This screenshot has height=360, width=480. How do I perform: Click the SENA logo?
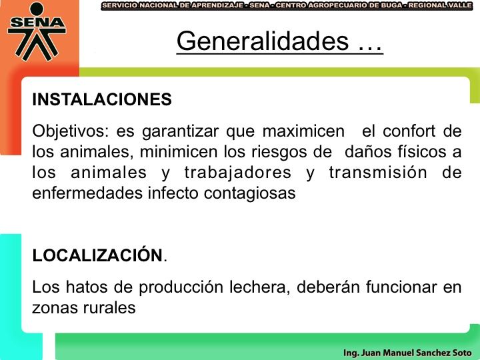click(x=37, y=31)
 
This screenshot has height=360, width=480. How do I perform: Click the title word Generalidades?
click(x=263, y=41)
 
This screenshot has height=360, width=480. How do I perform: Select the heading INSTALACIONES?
click(x=102, y=99)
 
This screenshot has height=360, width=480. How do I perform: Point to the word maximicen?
click(x=303, y=131)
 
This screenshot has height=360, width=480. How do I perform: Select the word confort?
click(x=409, y=131)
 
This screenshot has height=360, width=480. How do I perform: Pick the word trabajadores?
click(x=237, y=173)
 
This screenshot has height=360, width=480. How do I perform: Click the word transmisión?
click(x=378, y=173)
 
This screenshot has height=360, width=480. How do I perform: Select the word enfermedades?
click(x=87, y=193)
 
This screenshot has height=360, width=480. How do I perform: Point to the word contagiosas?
click(x=249, y=194)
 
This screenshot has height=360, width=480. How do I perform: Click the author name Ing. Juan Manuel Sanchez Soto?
click(x=407, y=353)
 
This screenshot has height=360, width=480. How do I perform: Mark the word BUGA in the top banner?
click(x=391, y=5)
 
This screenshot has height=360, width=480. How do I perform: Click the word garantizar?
click(x=180, y=131)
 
